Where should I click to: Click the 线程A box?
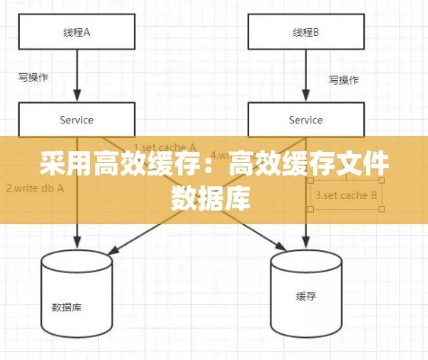(76, 32)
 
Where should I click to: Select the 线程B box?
(307, 32)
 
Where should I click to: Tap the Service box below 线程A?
(76, 120)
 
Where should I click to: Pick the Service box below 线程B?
(307, 120)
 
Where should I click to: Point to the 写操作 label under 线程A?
(33, 77)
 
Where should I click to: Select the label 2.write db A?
(32, 189)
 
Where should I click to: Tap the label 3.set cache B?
(346, 193)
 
